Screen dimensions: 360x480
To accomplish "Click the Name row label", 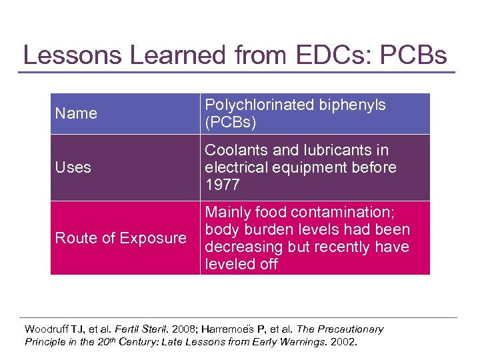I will (76, 113).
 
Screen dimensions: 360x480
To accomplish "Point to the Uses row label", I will (73, 167).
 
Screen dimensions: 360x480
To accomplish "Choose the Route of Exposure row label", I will (121, 238).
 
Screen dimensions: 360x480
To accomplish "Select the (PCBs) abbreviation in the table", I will (230, 122).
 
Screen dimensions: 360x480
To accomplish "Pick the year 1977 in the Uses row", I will (221, 185).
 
